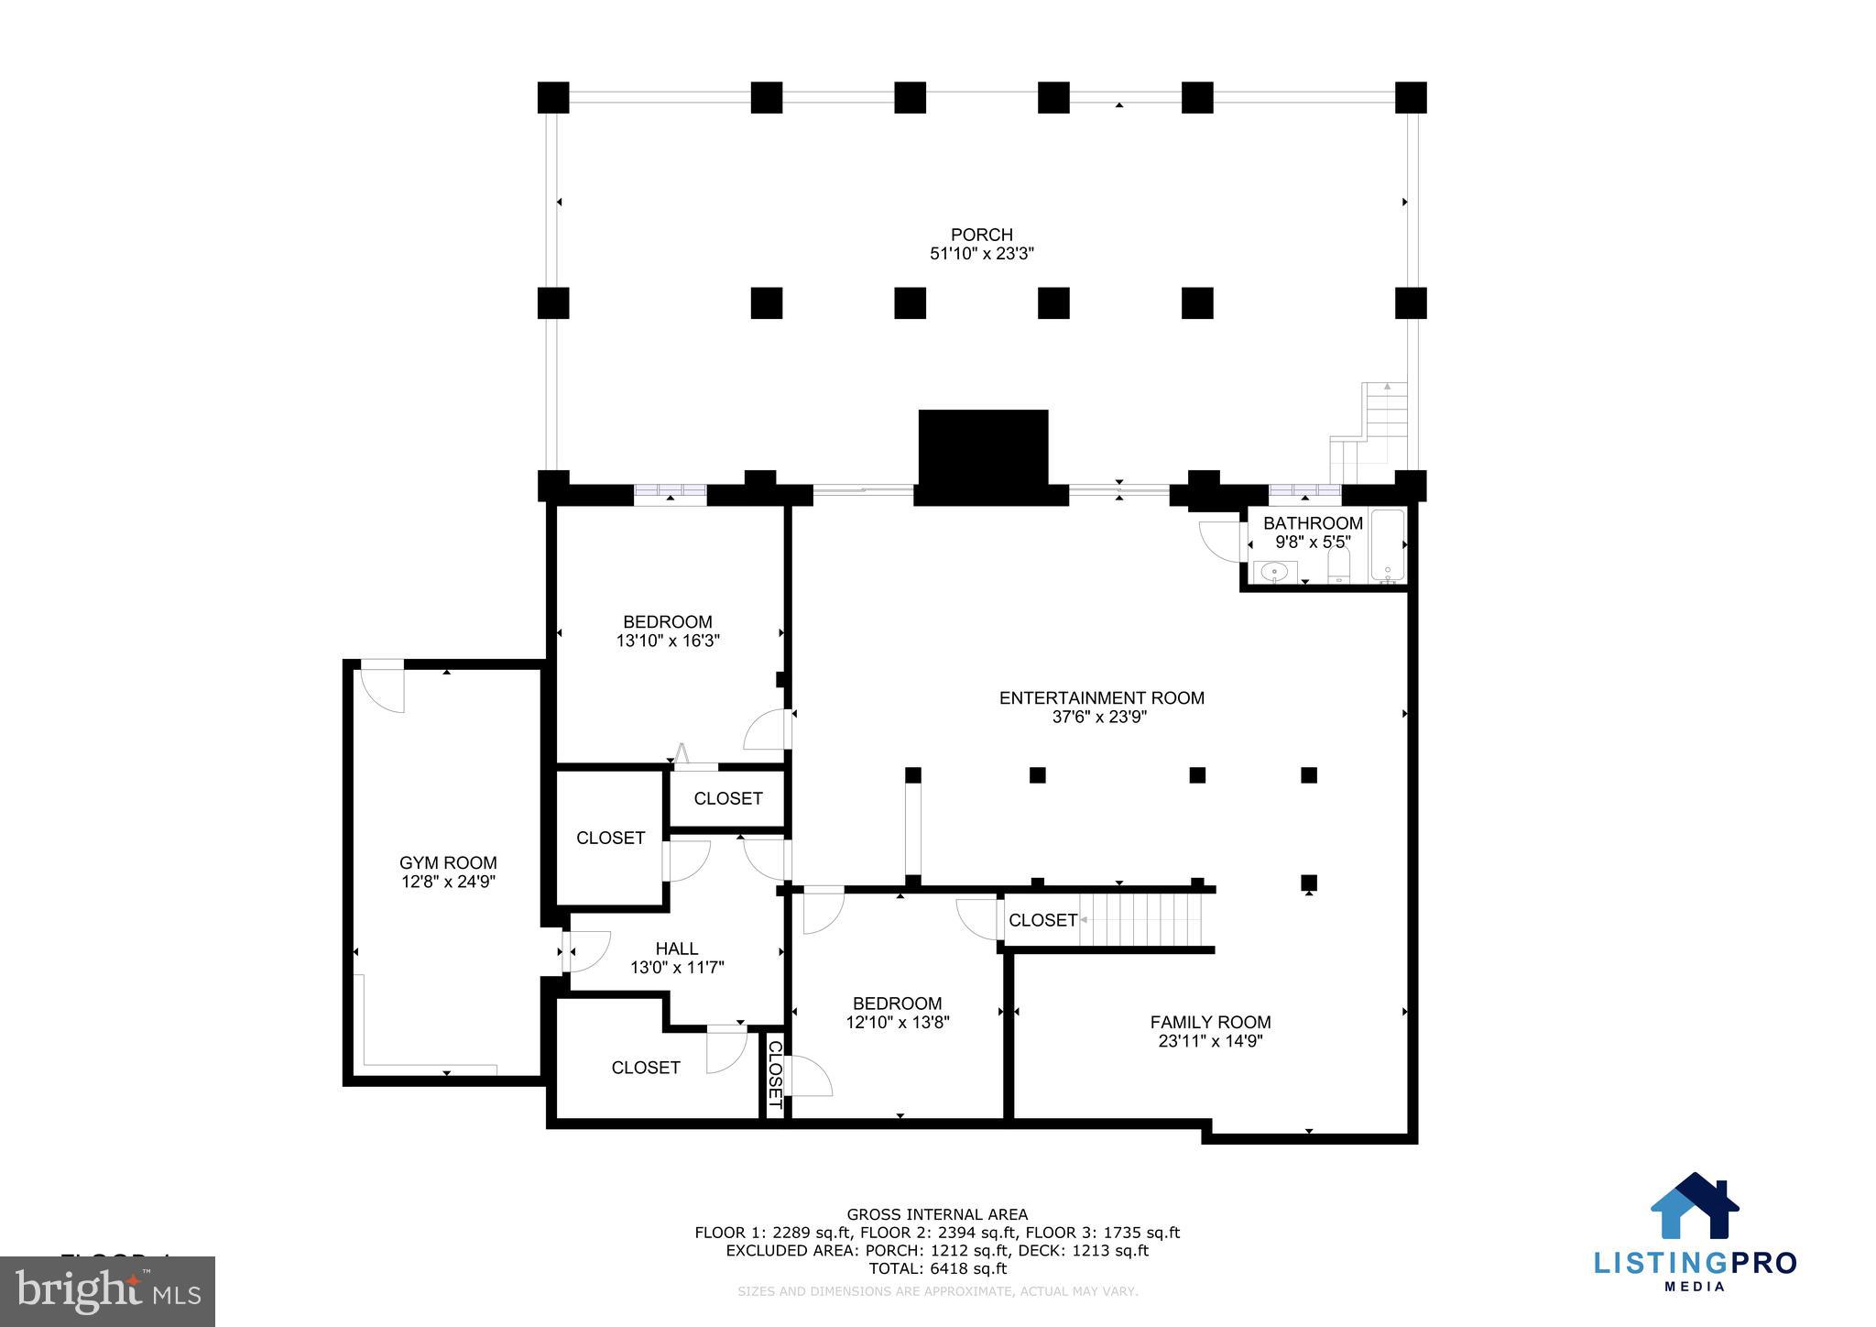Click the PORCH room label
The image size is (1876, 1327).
click(x=981, y=235)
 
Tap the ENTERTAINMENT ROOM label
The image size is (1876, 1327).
click(x=1101, y=697)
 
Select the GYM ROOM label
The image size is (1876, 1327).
click(x=448, y=862)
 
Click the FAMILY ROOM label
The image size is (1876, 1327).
click(x=1210, y=1022)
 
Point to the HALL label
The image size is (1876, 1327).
click(x=676, y=949)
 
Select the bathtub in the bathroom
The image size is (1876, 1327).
click(x=1387, y=546)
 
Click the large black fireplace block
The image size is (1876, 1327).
click(x=983, y=455)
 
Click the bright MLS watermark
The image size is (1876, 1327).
click(x=108, y=1292)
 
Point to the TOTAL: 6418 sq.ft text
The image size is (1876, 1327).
click(x=937, y=1268)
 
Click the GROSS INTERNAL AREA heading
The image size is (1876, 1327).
click(x=937, y=1214)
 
